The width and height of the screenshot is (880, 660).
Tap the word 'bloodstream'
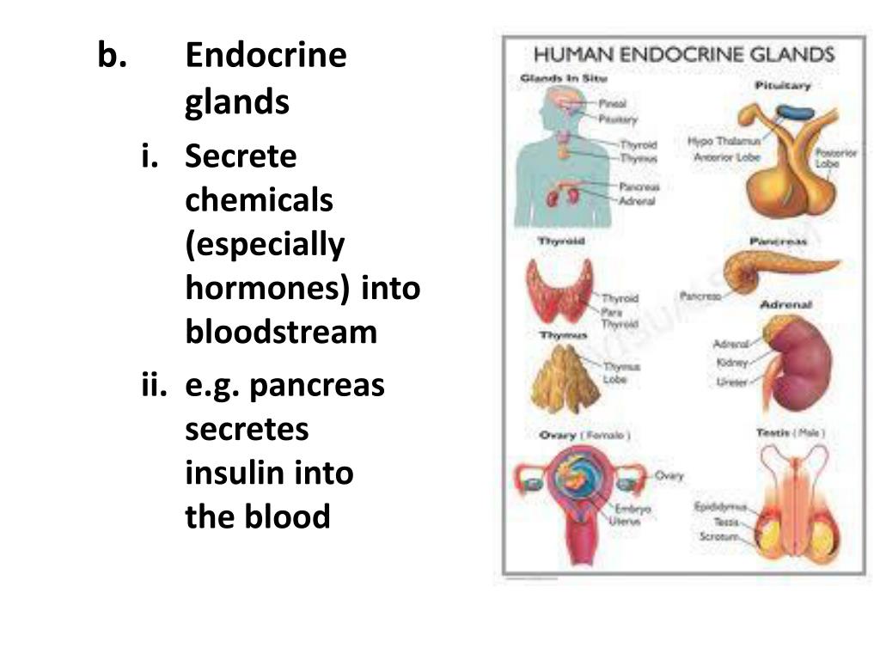coord(281,332)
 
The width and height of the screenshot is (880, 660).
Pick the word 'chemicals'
coord(259,200)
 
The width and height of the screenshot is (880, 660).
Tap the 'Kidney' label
coord(732,364)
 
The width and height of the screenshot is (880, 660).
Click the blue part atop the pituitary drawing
coord(795,113)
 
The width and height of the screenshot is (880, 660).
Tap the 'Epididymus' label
coord(720,507)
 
